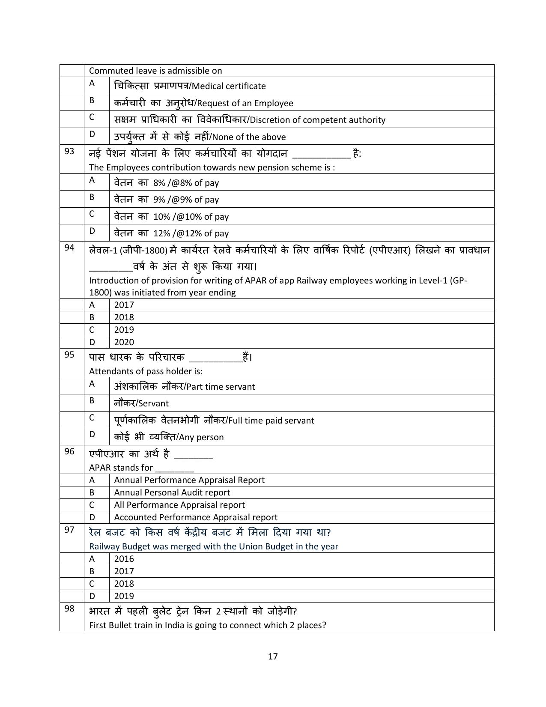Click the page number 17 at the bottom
coord(273,656)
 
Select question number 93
coord(69,151)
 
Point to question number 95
coord(69,355)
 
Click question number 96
coord(69,451)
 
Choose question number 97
coord(69,530)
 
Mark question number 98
coord(69,609)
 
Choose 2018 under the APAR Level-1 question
coord(124,317)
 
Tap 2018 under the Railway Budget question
coord(124,584)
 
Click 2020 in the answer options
coord(124,342)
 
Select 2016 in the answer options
coord(124,559)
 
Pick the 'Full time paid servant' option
coord(271,421)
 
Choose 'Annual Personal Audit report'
coord(172,492)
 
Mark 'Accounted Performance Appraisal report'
coord(195,517)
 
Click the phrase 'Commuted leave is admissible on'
coord(155,71)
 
